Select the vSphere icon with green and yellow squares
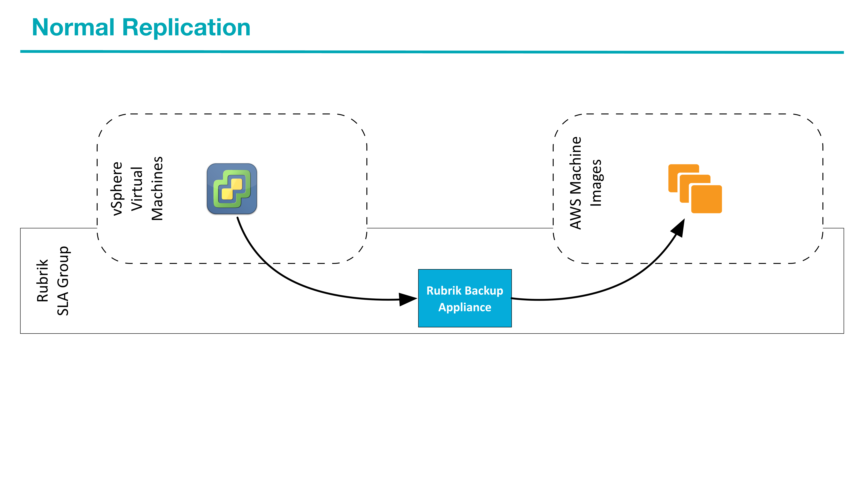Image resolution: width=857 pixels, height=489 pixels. pos(232,189)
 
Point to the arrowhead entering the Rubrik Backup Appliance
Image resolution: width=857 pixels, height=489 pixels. pos(407,299)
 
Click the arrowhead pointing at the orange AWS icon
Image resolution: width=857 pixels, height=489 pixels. pos(679,228)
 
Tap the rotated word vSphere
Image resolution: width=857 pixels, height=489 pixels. pos(117,188)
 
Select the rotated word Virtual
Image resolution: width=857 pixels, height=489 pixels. pos(137,189)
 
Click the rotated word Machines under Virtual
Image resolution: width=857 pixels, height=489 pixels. pos(157,188)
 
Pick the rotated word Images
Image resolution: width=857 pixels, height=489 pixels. pos(596,183)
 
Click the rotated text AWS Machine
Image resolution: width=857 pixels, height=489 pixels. pos(576,183)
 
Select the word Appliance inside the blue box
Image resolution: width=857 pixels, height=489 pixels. pos(465,307)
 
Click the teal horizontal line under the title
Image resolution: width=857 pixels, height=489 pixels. pos(432,52)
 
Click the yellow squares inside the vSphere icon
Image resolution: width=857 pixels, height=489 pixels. pos(232,189)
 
